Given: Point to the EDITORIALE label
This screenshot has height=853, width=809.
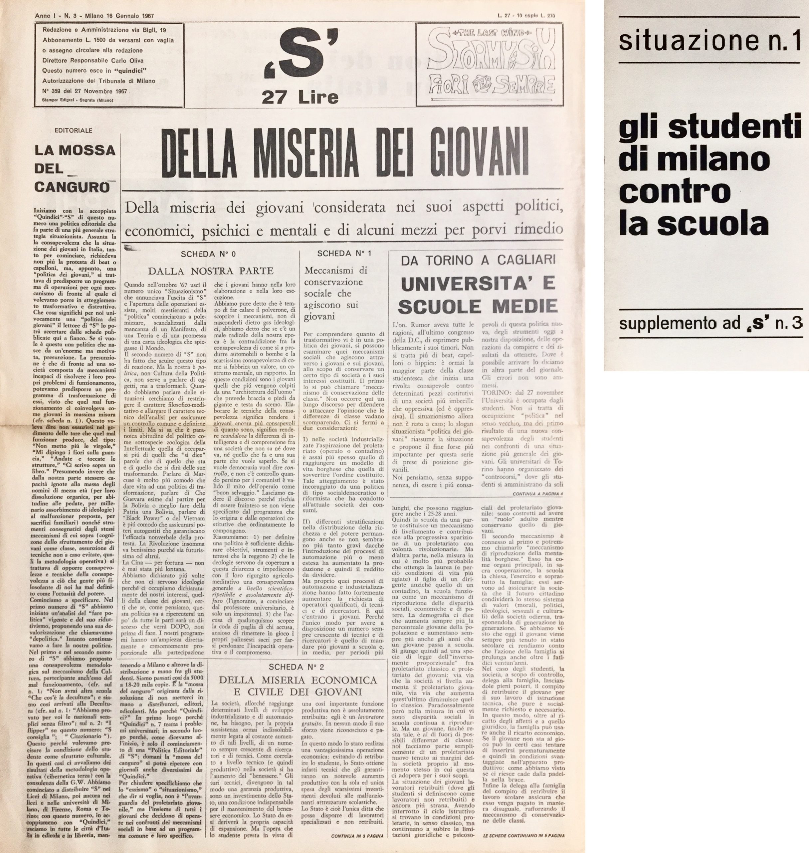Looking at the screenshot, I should point(73,130).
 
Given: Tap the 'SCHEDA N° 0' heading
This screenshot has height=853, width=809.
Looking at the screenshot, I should point(208,254).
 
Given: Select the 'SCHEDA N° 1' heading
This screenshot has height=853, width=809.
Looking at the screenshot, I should point(344,253).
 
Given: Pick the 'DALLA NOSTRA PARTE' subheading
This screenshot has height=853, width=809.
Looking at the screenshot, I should point(211,271).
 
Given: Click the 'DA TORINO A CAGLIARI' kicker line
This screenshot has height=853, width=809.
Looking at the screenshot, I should point(478,260).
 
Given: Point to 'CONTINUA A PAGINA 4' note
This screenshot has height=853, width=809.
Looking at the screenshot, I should point(538,493).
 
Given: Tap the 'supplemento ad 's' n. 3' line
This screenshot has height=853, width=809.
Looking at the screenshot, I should point(710,323).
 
